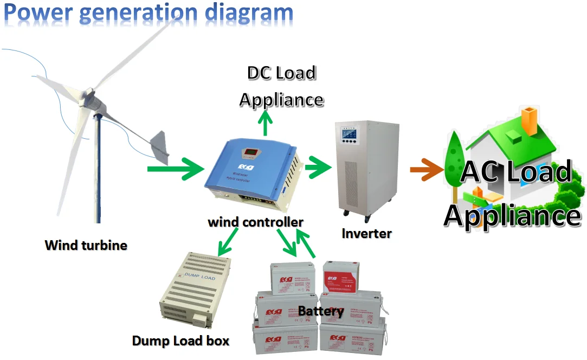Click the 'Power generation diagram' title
pyautogui.click(x=148, y=13)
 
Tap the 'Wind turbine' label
pyautogui.click(x=86, y=245)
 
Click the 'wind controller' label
pyautogui.click(x=255, y=222)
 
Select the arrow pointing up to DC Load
pyautogui.click(x=265, y=124)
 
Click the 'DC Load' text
pyautogui.click(x=281, y=73)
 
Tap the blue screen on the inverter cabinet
pyautogui.click(x=347, y=133)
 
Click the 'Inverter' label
pyautogui.click(x=366, y=234)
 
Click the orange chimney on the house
pyautogui.click(x=528, y=119)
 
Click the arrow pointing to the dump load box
pyautogui.click(x=228, y=242)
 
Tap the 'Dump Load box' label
pyautogui.click(x=180, y=341)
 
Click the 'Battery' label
pyautogui.click(x=321, y=311)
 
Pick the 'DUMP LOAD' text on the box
pyautogui.click(x=200, y=277)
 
